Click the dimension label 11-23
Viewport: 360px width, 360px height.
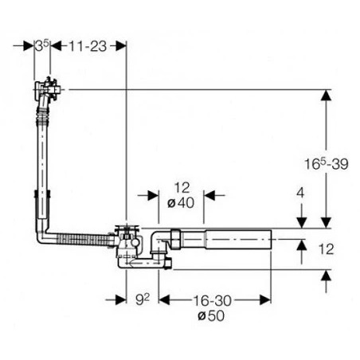[x=88, y=46]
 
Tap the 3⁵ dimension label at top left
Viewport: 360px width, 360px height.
[x=42, y=45]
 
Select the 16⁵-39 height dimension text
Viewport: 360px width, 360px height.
[x=326, y=163]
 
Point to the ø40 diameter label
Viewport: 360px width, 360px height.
[x=181, y=203]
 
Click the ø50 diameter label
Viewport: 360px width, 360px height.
[x=211, y=315]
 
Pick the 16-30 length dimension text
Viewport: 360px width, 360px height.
[x=212, y=300]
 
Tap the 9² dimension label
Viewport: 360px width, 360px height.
[x=143, y=299]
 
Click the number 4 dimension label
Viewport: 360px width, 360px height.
[x=300, y=193]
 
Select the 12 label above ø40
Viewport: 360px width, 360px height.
[x=182, y=188]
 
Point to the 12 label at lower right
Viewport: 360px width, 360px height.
[x=326, y=249]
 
